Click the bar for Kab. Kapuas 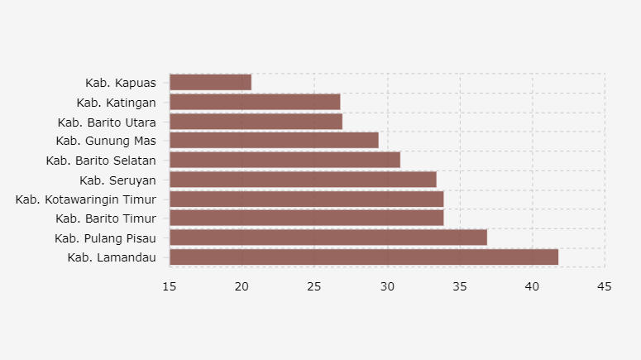pyautogui.click(x=210, y=82)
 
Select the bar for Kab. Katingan pyautogui.click(x=255, y=102)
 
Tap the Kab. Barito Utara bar pyautogui.click(x=256, y=122)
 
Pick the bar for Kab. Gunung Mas pyautogui.click(x=274, y=141)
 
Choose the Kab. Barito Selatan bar pyautogui.click(x=285, y=160)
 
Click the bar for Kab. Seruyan pyautogui.click(x=303, y=180)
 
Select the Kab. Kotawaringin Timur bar pyautogui.click(x=306, y=199)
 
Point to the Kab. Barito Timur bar pyautogui.click(x=306, y=218)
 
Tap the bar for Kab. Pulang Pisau pyautogui.click(x=328, y=238)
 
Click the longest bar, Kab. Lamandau pyautogui.click(x=363, y=257)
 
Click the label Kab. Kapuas pyautogui.click(x=121, y=83)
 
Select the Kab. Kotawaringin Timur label pyautogui.click(x=86, y=199)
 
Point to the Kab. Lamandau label pyautogui.click(x=112, y=257)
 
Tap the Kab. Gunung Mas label pyautogui.click(x=106, y=141)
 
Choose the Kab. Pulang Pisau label pyautogui.click(x=105, y=238)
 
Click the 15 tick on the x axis pyautogui.click(x=170, y=286)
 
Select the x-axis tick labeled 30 pyautogui.click(x=387, y=286)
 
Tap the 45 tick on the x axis pyautogui.click(x=605, y=286)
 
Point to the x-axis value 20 pyautogui.click(x=242, y=286)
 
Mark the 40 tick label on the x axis pyautogui.click(x=533, y=286)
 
